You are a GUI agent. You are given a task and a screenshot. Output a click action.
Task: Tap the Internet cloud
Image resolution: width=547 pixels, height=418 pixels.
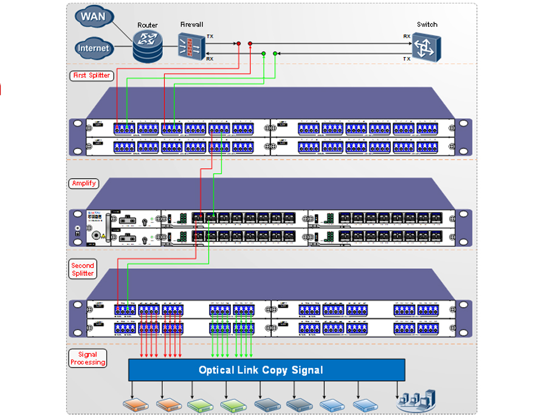pyautogui.click(x=94, y=48)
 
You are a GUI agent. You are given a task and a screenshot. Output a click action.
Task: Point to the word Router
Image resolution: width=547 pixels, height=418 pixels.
pyautogui.click(x=148, y=26)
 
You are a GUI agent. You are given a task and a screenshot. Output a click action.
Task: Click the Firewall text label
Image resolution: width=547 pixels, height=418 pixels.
pyautogui.click(x=191, y=24)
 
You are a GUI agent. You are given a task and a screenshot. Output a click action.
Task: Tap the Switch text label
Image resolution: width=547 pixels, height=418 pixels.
pyautogui.click(x=427, y=24)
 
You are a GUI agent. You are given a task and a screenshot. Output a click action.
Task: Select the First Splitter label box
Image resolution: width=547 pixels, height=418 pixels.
pyautogui.click(x=92, y=75)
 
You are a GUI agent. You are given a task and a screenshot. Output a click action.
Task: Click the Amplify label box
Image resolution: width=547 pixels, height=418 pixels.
pyautogui.click(x=84, y=183)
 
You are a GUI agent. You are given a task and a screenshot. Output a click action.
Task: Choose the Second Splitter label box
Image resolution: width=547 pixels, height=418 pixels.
pyautogui.click(x=83, y=270)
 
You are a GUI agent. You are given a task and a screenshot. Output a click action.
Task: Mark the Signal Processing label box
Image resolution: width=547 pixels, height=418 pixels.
pyautogui.click(x=88, y=358)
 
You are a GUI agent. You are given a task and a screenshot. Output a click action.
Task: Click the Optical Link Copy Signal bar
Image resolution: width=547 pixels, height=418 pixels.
pyautogui.click(x=266, y=370)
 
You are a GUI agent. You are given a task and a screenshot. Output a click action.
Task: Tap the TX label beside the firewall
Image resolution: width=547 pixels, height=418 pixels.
pyautogui.click(x=210, y=37)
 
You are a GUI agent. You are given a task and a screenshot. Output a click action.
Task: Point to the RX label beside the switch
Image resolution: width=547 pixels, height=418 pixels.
pyautogui.click(x=407, y=37)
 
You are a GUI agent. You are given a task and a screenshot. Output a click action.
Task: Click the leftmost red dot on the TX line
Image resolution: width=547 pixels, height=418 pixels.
pyautogui.click(x=239, y=44)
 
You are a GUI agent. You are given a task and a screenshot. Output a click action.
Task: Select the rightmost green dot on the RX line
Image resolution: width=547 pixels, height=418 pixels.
pyautogui.click(x=275, y=54)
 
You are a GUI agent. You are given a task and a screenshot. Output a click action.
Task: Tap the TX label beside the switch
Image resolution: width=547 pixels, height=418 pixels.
pyautogui.click(x=407, y=58)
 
